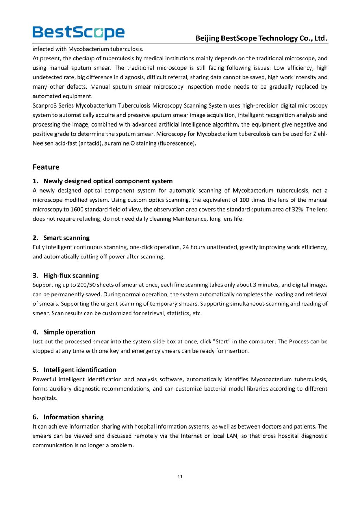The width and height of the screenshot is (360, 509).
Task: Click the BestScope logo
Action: click(x=78, y=33)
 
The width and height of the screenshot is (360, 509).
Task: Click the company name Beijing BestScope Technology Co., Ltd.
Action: click(x=261, y=38)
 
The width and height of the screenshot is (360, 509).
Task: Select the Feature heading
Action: click(x=46, y=167)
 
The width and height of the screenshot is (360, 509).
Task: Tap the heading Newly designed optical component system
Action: click(x=108, y=181)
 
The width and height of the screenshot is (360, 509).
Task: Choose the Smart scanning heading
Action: click(x=66, y=238)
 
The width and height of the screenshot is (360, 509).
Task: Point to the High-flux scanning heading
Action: click(x=71, y=275)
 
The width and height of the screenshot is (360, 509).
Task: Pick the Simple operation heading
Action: click(x=69, y=332)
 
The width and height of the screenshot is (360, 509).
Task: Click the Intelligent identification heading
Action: click(x=80, y=369)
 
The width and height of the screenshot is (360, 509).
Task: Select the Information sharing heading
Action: click(x=73, y=417)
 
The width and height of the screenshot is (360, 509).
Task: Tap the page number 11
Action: click(x=180, y=477)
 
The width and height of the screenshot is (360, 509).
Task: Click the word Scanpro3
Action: click(x=45, y=105)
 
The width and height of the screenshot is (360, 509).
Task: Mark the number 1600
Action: click(x=77, y=209)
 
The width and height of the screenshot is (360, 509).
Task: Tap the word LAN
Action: click(x=232, y=436)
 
